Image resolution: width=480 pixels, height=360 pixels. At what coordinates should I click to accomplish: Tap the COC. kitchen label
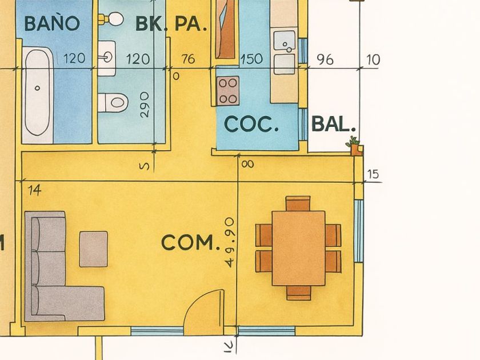tap(251, 124)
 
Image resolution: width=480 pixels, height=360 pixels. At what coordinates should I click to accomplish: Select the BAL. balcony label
tap(334, 124)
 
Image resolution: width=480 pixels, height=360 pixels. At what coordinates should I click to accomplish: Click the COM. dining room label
tap(190, 243)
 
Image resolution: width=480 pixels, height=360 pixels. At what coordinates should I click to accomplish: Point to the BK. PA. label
tap(171, 24)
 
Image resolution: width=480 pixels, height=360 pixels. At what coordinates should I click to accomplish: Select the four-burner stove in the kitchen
tap(228, 90)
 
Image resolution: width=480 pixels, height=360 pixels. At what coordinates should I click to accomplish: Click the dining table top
tap(298, 247)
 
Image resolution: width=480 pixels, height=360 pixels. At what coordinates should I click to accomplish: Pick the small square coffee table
tap(93, 249)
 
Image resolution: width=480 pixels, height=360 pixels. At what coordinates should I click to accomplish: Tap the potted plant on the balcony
tap(355, 146)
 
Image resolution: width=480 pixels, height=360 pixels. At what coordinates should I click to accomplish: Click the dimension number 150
tap(251, 59)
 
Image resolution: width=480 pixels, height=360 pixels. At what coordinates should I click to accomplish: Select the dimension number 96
tap(325, 59)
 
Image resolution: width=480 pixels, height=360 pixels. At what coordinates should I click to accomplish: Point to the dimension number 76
tap(188, 59)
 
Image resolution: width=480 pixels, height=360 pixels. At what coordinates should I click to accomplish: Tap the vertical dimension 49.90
tap(230, 242)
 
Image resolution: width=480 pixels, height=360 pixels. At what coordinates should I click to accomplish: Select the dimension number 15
tap(373, 174)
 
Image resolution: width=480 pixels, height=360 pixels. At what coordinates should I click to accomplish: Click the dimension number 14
tap(35, 190)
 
